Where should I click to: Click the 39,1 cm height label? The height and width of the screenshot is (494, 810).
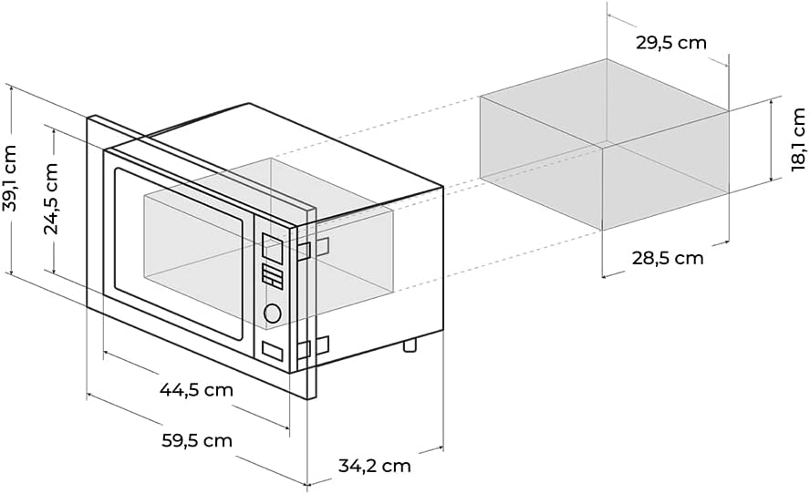(x=12, y=179)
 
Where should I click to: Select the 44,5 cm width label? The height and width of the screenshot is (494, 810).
(x=196, y=390)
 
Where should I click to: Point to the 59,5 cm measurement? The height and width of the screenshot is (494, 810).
(x=196, y=441)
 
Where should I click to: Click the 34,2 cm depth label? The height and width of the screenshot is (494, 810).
(x=374, y=466)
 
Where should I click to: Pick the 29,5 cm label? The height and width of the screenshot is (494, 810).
(x=670, y=43)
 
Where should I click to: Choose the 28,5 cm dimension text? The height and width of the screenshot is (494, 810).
(x=668, y=258)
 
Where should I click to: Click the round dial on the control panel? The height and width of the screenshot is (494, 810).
(x=272, y=314)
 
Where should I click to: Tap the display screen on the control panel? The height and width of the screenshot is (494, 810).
(x=272, y=246)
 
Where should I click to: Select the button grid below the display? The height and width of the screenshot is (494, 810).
(x=272, y=275)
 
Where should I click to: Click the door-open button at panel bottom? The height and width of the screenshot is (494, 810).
(x=272, y=350)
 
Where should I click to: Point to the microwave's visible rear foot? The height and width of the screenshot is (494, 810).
(x=410, y=345)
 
